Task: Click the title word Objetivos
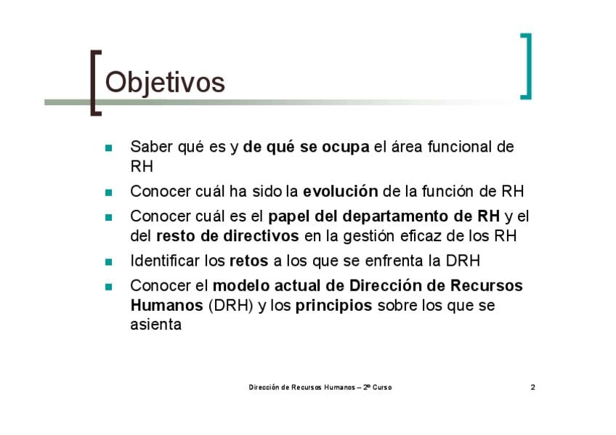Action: click(165, 83)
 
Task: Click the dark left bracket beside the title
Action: click(94, 83)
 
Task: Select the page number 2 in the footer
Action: click(532, 387)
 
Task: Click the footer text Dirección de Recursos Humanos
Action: click(301, 387)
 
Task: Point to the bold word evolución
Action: click(340, 191)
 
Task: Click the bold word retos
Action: click(248, 261)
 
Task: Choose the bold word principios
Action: click(333, 306)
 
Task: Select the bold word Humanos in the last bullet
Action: click(166, 305)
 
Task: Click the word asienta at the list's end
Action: click(156, 325)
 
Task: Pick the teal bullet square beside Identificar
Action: click(109, 262)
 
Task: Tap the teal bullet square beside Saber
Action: click(109, 148)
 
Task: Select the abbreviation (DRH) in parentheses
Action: click(230, 306)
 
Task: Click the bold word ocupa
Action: click(345, 147)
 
